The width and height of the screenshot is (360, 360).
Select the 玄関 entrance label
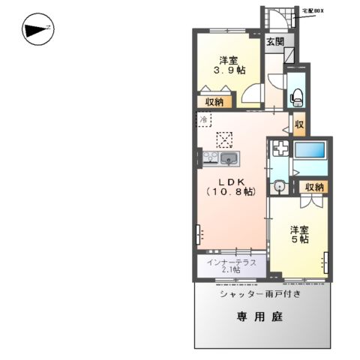click(274, 42)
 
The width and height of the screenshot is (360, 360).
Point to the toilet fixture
click(295, 94)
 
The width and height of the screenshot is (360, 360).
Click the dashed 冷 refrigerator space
click(205, 119)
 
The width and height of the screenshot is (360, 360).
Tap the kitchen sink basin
click(231, 157)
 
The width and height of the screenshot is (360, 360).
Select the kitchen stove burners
click(210, 157)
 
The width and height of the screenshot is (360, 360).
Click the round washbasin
click(279, 187)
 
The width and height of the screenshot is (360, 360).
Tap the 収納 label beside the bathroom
click(313, 187)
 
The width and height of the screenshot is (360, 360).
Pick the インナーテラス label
click(232, 262)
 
